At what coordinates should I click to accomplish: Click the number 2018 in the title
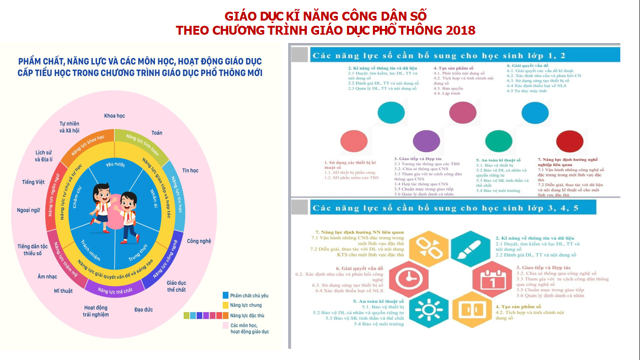[x=461, y=30]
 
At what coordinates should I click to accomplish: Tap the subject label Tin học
[x=190, y=170]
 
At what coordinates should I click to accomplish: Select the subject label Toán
[x=157, y=133]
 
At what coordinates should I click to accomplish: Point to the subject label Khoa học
[x=114, y=116]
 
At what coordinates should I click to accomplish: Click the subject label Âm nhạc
[x=47, y=277]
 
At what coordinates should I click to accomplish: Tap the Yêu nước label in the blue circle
[x=116, y=165]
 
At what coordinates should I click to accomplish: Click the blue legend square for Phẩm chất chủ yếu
[x=226, y=295]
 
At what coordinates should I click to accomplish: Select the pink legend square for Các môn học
[x=226, y=325]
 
